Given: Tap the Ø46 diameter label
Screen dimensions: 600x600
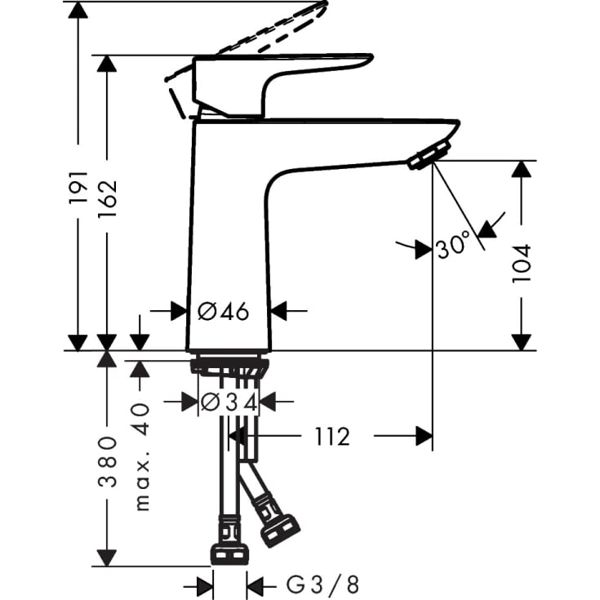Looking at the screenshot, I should coord(222,311).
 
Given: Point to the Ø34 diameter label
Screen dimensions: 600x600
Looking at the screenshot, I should coord(229,402).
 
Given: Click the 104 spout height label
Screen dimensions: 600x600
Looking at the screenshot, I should coord(522,263).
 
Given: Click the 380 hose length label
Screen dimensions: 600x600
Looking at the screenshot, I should coord(108,461).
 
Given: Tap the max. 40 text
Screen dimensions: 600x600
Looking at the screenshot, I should coord(142,457).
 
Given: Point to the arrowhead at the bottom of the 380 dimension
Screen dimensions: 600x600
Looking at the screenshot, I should coord(107,558).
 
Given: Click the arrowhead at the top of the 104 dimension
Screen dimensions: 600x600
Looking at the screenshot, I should coord(522,170).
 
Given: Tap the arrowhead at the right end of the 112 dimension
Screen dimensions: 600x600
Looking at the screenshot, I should coord(423,438).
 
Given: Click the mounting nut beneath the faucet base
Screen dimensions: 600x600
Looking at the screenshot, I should coord(229,366).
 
